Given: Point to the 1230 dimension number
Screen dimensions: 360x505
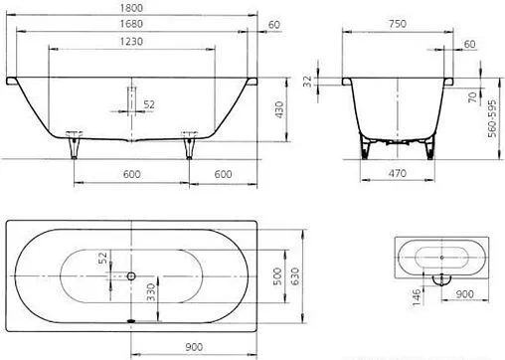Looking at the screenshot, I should (x=131, y=42).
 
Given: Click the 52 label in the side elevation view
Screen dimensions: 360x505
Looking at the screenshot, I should (x=150, y=103).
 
